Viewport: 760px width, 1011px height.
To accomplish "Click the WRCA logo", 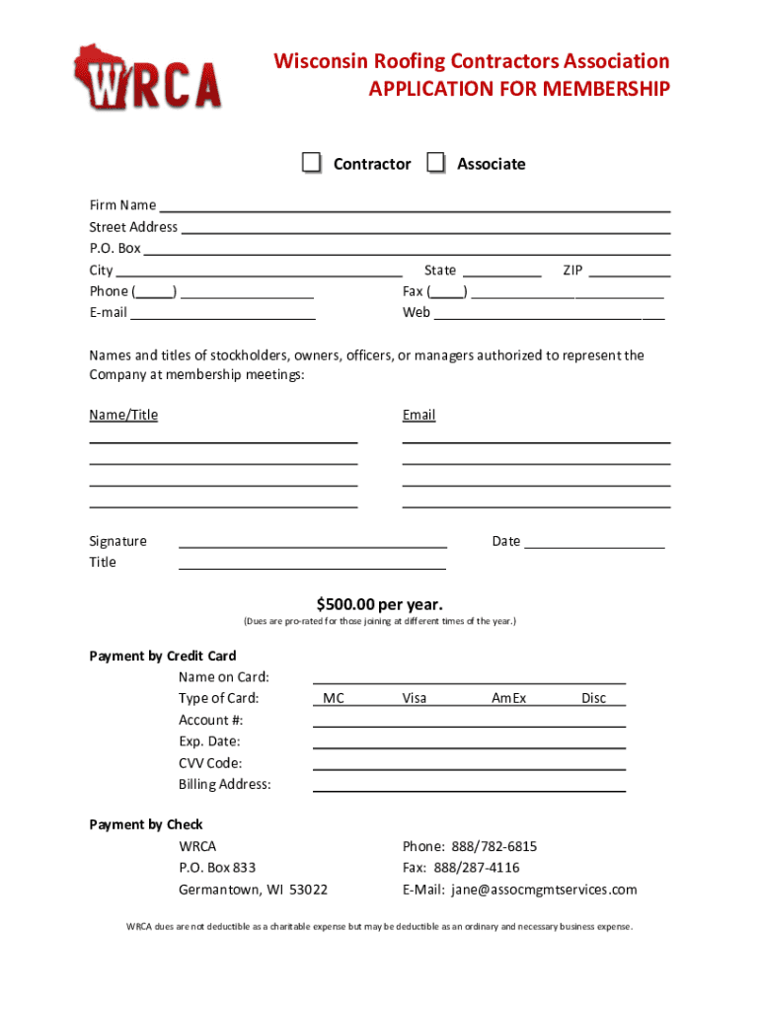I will [147, 79].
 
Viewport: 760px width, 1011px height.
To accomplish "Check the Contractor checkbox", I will [312, 163].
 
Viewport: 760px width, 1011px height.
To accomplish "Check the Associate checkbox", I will [436, 163].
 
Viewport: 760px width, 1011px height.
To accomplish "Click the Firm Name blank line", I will [415, 206].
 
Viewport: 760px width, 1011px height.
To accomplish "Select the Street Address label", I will [133, 227].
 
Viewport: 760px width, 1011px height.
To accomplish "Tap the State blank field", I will [501, 272].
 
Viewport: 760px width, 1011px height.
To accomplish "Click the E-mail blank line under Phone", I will [223, 314].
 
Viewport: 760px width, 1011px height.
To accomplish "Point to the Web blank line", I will [549, 314].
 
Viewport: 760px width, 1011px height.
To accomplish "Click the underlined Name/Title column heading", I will [123, 416].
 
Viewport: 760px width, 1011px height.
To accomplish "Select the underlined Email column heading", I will [418, 416].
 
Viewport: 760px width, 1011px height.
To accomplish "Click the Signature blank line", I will [312, 541].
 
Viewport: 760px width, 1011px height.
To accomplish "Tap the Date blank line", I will [595, 542].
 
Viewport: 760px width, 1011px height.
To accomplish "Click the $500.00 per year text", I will [380, 603].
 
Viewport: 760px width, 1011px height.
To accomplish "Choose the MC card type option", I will [334, 698].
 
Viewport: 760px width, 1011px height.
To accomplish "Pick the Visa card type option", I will [415, 698].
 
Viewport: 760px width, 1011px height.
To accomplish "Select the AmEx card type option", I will [509, 698].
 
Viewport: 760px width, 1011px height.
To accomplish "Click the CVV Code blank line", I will [469, 763].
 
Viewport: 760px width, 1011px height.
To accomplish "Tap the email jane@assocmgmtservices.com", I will [544, 890].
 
